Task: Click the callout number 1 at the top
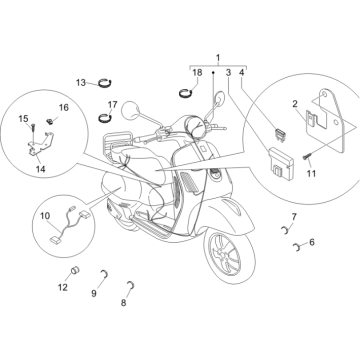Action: click(x=218, y=58)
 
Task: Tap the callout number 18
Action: click(x=197, y=72)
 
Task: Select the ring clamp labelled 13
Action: click(x=105, y=82)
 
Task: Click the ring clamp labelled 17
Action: click(x=106, y=118)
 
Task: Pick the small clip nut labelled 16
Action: click(x=50, y=121)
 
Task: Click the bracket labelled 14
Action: click(x=41, y=144)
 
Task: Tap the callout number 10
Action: click(x=45, y=216)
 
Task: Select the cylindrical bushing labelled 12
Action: click(x=76, y=270)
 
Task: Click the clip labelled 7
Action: click(x=283, y=230)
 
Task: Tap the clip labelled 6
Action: click(x=296, y=247)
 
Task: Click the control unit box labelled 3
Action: click(x=281, y=161)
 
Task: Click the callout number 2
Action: click(x=295, y=104)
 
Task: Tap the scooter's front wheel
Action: click(x=229, y=254)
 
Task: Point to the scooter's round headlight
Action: click(x=192, y=126)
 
